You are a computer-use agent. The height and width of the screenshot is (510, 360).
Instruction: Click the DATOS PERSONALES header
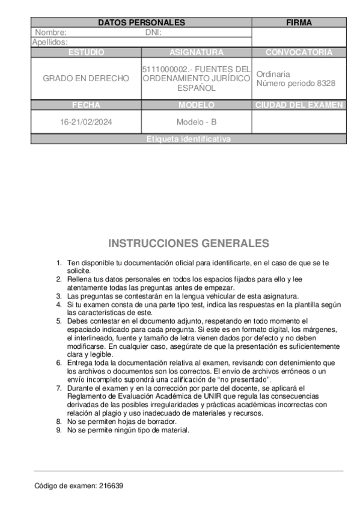(141, 23)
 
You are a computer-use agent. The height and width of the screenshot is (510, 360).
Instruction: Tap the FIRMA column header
(299, 23)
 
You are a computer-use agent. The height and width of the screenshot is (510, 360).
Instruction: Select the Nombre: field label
(50, 32)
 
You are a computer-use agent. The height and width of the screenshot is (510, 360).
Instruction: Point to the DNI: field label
(154, 32)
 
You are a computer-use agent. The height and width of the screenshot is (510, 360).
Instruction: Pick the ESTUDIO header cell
(86, 52)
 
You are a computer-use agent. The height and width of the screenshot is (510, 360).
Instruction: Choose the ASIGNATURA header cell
(197, 52)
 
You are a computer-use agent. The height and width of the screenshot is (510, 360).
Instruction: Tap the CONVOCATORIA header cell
(299, 52)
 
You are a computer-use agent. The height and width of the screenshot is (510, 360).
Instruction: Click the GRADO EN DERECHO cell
(86, 78)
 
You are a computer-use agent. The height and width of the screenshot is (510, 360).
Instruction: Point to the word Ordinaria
(273, 74)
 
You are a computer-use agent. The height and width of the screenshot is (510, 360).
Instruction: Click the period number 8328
(326, 84)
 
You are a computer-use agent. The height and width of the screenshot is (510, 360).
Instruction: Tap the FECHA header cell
(86, 105)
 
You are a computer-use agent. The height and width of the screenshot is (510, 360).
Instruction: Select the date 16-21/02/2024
(86, 121)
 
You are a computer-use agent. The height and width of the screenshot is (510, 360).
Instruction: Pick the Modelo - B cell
(197, 121)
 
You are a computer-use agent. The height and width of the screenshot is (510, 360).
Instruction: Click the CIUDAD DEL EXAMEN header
(299, 105)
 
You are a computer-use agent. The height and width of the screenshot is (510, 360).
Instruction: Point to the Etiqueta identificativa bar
(188, 139)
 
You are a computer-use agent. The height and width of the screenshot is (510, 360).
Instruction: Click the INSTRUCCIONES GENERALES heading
(188, 244)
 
